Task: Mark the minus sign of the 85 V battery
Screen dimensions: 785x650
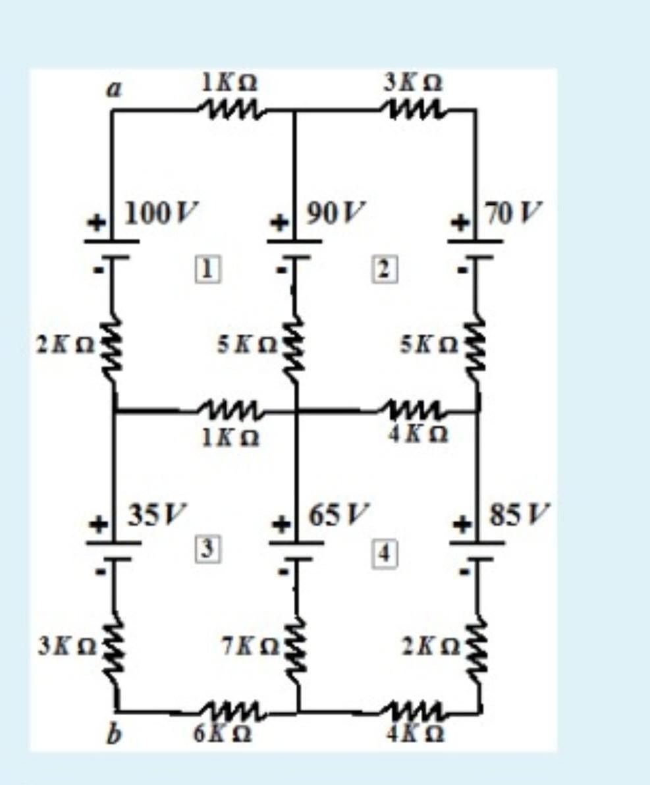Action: click(x=464, y=570)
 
